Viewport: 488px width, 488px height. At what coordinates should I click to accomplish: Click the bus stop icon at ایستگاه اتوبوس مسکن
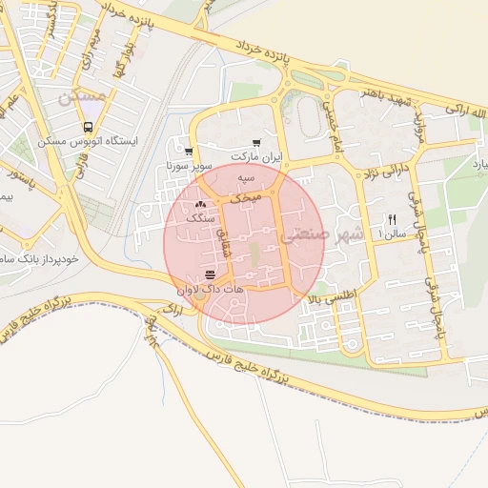[89, 126]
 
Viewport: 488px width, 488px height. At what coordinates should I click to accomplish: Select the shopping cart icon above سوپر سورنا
[189, 152]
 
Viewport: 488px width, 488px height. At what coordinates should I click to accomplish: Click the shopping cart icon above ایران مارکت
[255, 142]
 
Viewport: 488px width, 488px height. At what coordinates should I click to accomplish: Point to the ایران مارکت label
[255, 156]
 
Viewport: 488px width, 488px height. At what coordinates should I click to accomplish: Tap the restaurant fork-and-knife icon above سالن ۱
[392, 218]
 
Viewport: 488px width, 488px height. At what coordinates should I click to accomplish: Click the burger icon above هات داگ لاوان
[210, 275]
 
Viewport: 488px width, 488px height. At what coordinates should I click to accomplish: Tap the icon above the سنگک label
[200, 204]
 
